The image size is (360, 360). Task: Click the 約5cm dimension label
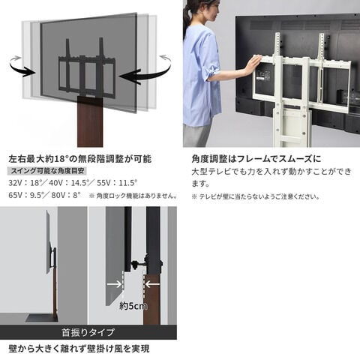pyautogui.click(x=133, y=306)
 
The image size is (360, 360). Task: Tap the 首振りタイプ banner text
pyautogui.click(x=88, y=332)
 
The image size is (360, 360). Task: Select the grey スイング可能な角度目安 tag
pyautogui.click(x=47, y=171)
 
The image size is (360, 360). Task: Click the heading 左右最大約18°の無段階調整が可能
pyautogui.click(x=80, y=159)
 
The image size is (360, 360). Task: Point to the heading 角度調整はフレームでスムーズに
pyautogui.click(x=256, y=159)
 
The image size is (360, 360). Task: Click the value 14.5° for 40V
pyautogui.click(x=79, y=183)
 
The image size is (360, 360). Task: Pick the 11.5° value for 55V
pyautogui.click(x=128, y=183)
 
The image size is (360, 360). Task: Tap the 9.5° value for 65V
pyautogui.click(x=37, y=195)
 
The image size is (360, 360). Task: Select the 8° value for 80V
pyautogui.click(x=76, y=195)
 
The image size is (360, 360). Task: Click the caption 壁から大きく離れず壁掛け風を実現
pyautogui.click(x=79, y=349)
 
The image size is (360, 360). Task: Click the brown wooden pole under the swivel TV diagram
pyautogui.click(x=90, y=122)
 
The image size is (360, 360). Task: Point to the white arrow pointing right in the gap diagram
pyautogui.click(x=114, y=284)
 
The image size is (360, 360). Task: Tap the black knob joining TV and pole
pyautogui.click(x=135, y=265)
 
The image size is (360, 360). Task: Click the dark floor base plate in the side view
pyautogui.click(x=40, y=318)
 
